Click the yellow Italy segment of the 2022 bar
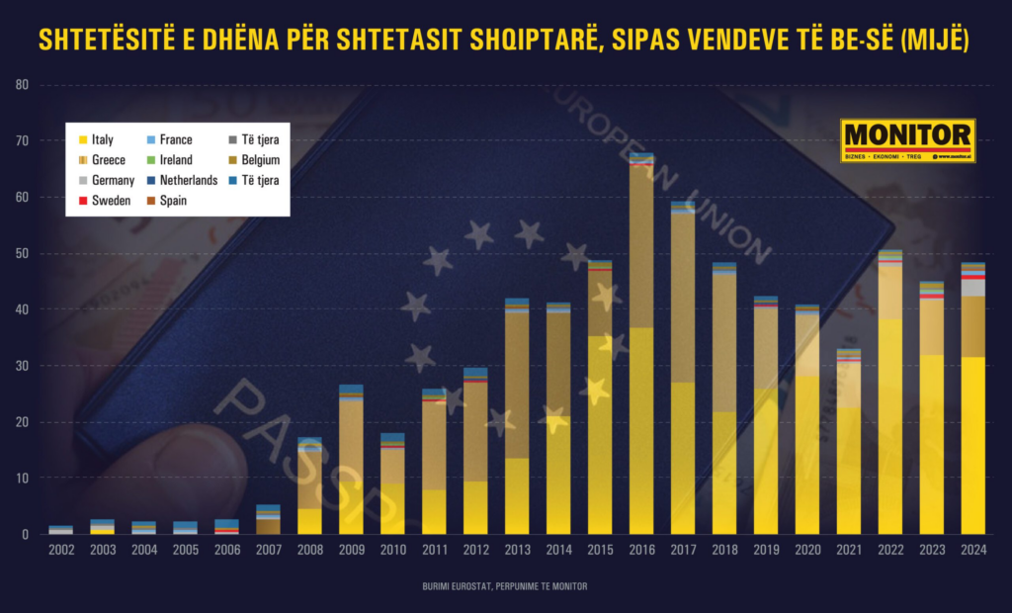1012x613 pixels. point(890,426)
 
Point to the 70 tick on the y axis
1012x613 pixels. point(23,141)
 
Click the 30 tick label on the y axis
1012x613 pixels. point(23,366)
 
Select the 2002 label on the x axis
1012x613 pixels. point(60,550)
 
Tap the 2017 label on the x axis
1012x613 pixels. point(683,550)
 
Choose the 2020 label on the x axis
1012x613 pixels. point(807,550)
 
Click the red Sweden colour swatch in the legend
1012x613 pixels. point(83,200)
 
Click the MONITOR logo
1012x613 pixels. point(907,140)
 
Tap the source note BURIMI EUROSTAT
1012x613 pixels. point(505,587)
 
